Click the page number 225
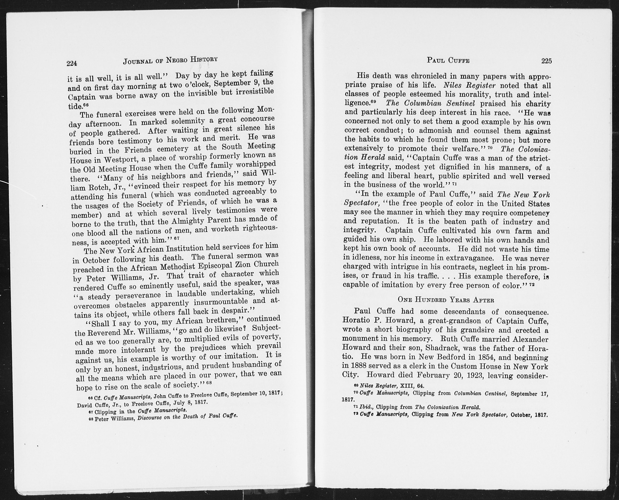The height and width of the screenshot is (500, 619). pos(546,60)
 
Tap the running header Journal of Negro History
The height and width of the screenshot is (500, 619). pos(170,60)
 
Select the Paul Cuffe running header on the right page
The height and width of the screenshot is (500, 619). pos(448,60)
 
